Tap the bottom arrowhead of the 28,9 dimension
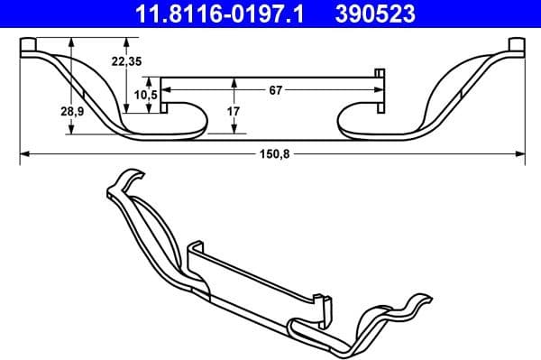[x=71, y=131]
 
